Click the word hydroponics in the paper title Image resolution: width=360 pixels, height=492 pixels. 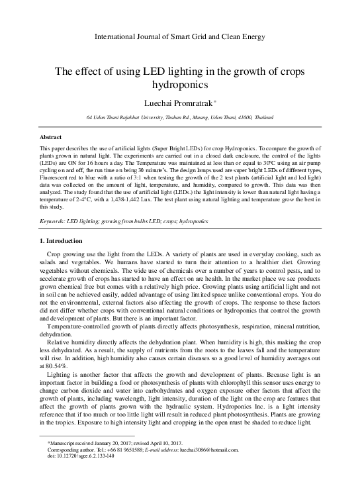coord(180,85)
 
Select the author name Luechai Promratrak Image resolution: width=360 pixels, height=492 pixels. coord(178,103)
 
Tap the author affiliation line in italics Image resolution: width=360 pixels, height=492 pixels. coord(180,117)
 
